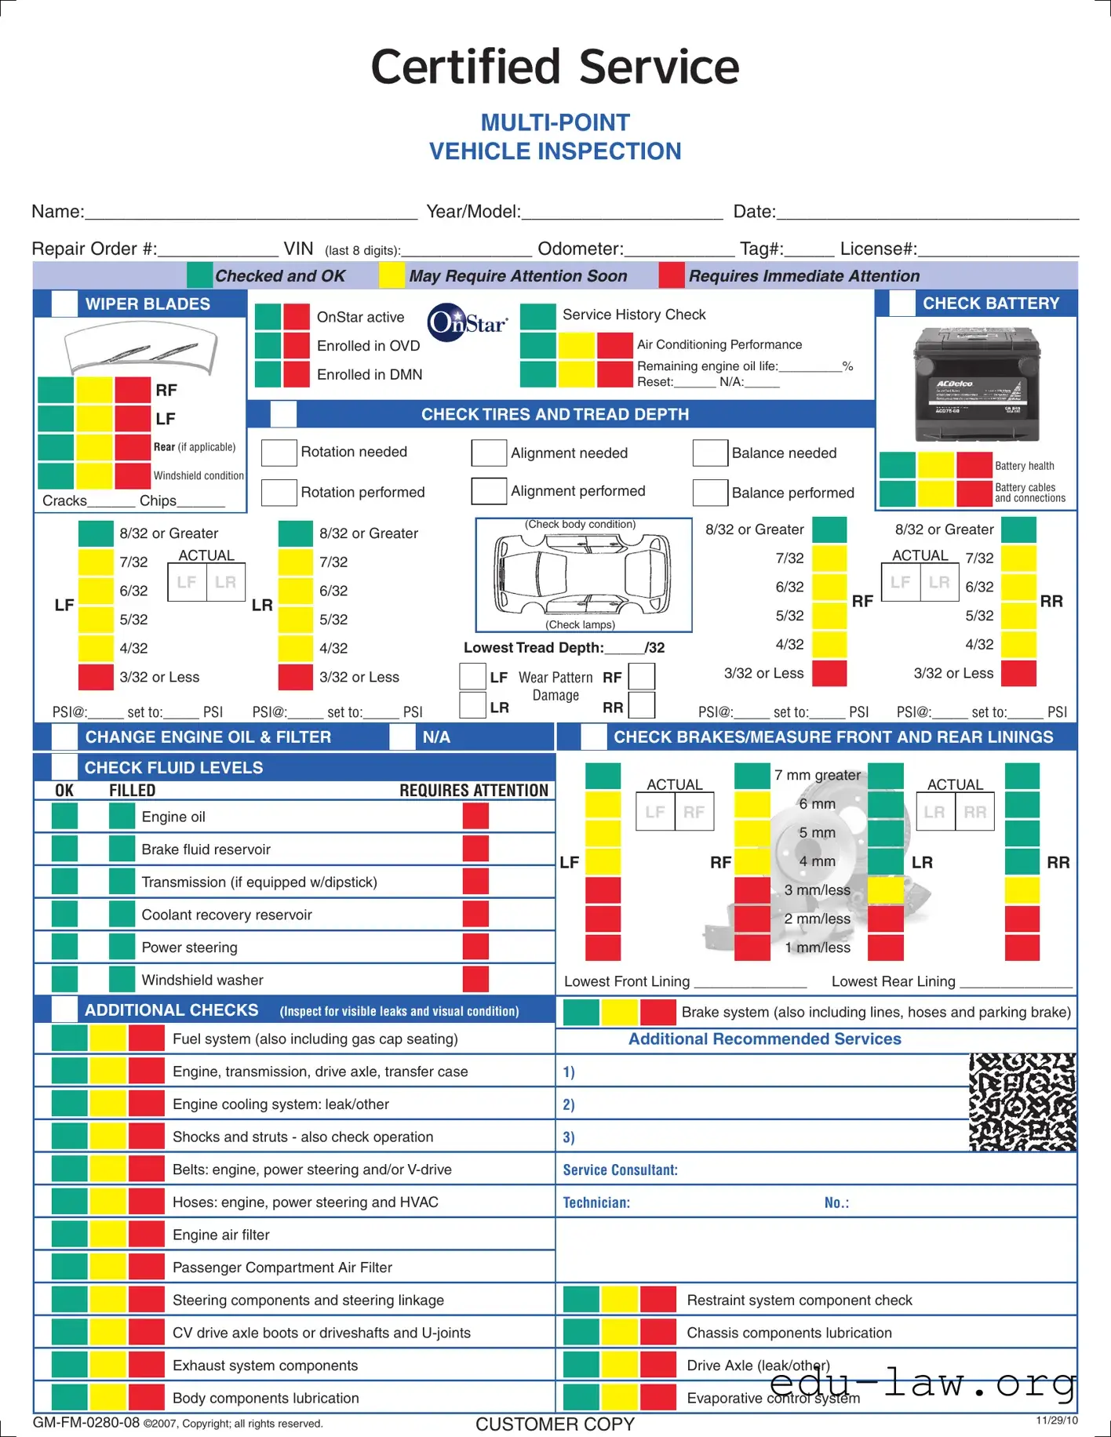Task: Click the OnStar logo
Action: [x=468, y=322]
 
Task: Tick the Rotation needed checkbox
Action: [x=279, y=453]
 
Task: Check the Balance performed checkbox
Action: [x=710, y=493]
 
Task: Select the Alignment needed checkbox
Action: [x=489, y=453]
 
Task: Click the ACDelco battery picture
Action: [x=977, y=384]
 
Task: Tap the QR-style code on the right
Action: [x=1022, y=1102]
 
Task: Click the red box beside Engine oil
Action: [x=475, y=816]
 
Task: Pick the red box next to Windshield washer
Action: [x=475, y=979]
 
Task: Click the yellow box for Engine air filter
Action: [x=107, y=1235]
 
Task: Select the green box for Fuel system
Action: [x=69, y=1039]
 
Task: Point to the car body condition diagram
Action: [x=583, y=574]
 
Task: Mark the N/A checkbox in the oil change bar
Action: [x=403, y=737]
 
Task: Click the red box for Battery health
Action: [x=974, y=465]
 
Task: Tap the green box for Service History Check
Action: [x=538, y=315]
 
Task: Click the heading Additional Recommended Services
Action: [x=764, y=1039]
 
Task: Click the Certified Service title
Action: [x=555, y=67]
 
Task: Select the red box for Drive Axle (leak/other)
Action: [x=657, y=1365]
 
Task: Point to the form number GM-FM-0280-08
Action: [x=86, y=1423]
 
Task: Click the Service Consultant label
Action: [x=620, y=1170]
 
